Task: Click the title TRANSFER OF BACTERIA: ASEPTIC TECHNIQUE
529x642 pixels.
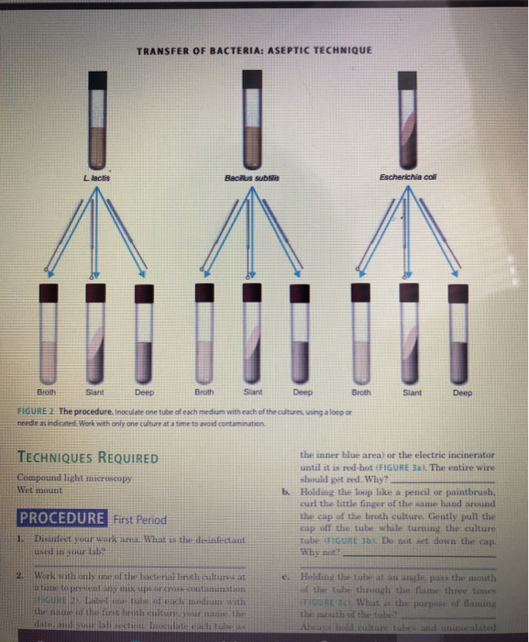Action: pos(253,50)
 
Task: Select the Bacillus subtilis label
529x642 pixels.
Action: pos(249,175)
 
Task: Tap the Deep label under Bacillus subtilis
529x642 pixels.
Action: pos(302,391)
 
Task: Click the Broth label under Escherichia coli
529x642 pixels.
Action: pos(360,391)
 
